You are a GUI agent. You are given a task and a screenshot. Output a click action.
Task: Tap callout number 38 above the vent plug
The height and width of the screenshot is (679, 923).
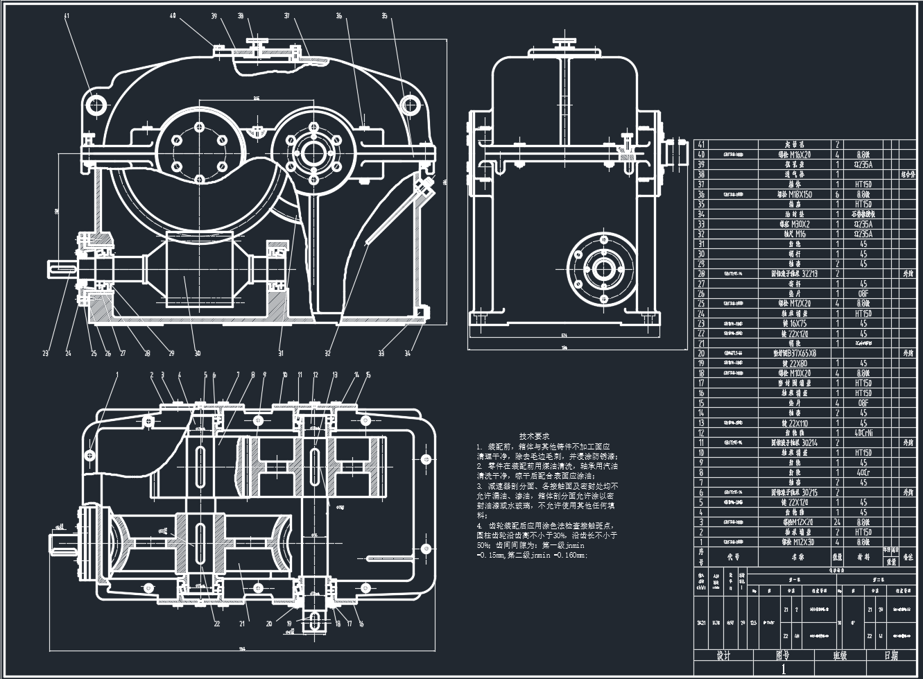(241, 15)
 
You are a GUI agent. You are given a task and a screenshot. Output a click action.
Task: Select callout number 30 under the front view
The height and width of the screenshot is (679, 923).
(198, 354)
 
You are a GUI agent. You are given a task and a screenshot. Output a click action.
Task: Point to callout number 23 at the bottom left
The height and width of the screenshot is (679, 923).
(46, 354)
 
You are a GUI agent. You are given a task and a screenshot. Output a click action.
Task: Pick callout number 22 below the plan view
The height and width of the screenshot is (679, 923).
(216, 624)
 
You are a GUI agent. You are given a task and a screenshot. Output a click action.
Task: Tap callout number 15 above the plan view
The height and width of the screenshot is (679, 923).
(368, 375)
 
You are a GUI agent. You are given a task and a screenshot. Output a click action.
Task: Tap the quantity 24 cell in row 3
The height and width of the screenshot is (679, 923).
(837, 522)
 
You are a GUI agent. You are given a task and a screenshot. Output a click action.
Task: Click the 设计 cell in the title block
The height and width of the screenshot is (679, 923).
(724, 655)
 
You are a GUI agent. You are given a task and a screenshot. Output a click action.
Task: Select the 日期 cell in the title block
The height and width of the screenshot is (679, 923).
(890, 655)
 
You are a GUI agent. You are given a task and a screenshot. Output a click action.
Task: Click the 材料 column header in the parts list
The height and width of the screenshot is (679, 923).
(863, 556)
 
